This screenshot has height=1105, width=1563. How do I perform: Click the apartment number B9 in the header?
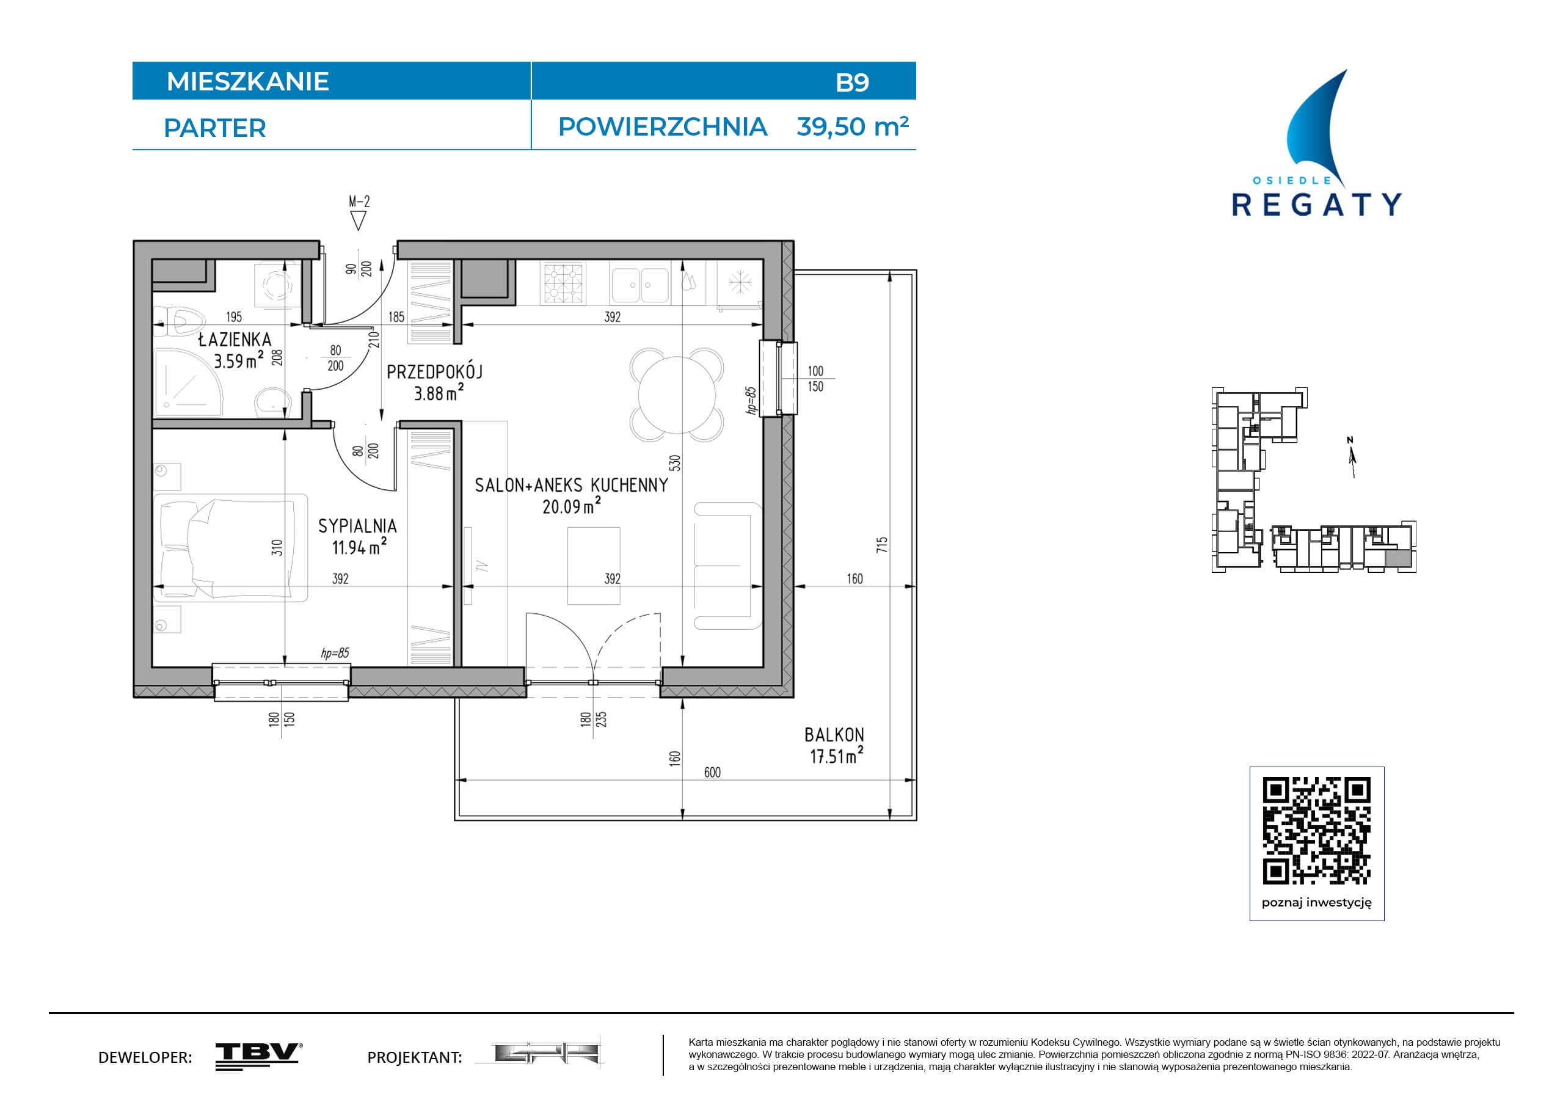pos(851,82)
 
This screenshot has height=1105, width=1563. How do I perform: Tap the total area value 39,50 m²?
pos(852,126)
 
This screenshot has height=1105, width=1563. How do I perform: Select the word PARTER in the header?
pos(214,128)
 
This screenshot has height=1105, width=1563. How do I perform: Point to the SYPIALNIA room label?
pos(357,525)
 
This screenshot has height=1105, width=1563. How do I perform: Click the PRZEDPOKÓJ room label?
pos(434,372)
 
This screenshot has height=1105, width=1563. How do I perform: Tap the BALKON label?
pos(834,735)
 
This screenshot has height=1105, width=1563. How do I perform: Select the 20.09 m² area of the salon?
pos(572,505)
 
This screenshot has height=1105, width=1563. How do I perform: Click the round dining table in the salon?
pos(677,395)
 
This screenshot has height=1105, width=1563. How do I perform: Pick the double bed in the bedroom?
pos(231,548)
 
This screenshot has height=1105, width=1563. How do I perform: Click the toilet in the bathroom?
pos(180,320)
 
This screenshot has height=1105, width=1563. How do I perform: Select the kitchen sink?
pos(639,285)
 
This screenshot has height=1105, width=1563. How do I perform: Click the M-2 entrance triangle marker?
pos(358,221)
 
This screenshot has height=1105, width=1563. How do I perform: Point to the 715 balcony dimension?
pos(881,544)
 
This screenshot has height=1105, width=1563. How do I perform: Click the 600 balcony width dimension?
pos(712,772)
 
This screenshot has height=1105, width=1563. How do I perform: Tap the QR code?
pos(1317,831)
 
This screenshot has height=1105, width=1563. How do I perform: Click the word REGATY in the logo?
pos(1317,204)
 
